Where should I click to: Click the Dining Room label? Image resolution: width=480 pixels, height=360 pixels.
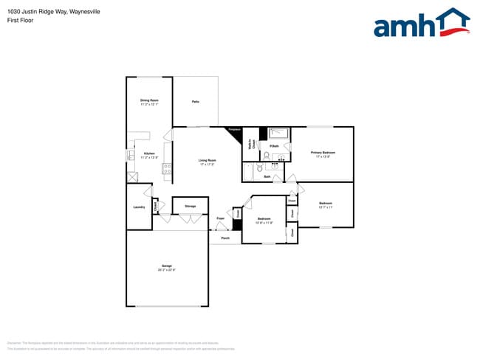[x=150, y=100]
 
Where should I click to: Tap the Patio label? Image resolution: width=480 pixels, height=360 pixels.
[x=195, y=101]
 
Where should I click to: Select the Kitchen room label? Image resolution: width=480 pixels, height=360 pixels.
[x=149, y=153]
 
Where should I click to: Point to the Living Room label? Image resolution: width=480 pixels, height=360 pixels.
[x=207, y=160]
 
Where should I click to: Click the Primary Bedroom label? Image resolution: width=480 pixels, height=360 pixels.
[x=323, y=153]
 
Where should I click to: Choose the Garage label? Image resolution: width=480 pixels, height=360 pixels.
[x=166, y=266]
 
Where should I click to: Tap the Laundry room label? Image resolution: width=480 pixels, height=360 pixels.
[x=139, y=207]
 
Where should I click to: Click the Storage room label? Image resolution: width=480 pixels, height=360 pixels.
[x=190, y=206]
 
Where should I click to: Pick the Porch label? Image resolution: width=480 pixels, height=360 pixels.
[x=225, y=238]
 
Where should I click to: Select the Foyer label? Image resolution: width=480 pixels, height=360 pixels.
[x=220, y=219]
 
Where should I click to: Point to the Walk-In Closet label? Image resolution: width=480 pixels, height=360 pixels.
[x=252, y=144]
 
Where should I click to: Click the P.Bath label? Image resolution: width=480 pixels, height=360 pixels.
[x=274, y=147]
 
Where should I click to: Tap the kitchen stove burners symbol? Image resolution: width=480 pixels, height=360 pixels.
[x=167, y=169]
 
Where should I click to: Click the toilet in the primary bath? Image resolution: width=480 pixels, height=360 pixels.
[x=267, y=155]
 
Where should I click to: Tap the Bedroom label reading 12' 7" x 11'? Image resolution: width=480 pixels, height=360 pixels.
[x=326, y=204]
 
